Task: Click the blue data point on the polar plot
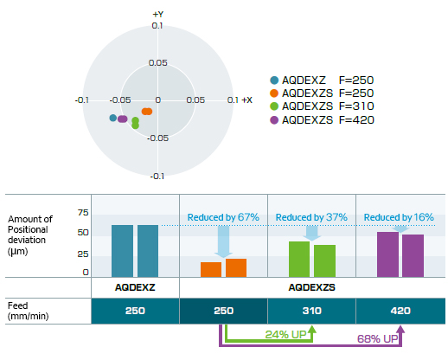113,118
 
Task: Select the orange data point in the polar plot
147,112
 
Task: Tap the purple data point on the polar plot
123,119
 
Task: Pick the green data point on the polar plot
135,123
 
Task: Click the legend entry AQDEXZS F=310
322,106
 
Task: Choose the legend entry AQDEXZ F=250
322,80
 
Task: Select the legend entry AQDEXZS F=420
322,120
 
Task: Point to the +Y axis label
158,14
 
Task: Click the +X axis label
247,100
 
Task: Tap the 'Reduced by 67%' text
223,217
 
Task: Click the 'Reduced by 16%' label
399,217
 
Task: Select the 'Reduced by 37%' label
311,217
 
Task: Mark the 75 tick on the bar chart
83,213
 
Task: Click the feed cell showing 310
311,311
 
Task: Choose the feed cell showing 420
400,311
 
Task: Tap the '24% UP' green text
285,335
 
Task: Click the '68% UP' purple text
377,338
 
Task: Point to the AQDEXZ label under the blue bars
135,287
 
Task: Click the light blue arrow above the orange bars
223,241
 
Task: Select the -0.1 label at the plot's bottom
157,176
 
